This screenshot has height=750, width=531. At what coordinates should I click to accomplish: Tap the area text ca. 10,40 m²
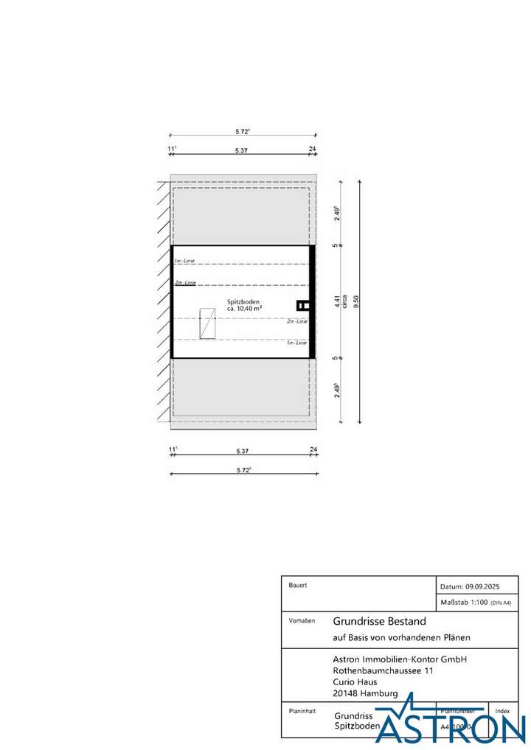tap(244, 309)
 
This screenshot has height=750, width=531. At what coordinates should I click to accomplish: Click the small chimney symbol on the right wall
tap(301, 304)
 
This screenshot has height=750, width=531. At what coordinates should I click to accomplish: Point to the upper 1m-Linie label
tap(184, 262)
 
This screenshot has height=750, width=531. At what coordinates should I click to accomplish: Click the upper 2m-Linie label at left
tap(185, 282)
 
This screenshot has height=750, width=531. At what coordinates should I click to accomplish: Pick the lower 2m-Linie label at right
tap(297, 321)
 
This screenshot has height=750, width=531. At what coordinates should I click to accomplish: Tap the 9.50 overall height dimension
tap(356, 301)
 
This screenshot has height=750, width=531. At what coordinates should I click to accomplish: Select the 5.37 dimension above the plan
tap(241, 150)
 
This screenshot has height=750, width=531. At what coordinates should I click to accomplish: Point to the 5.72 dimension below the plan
tap(243, 470)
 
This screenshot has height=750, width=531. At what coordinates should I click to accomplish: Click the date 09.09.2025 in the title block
tap(482, 586)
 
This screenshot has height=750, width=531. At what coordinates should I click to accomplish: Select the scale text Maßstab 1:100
tap(464, 603)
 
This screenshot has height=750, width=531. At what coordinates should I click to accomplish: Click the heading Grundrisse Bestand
tap(380, 621)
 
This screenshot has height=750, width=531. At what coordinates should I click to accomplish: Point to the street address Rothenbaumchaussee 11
tap(383, 671)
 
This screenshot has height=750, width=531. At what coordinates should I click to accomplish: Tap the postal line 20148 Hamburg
tap(366, 693)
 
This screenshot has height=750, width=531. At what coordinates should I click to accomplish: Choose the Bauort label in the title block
tap(298, 585)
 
